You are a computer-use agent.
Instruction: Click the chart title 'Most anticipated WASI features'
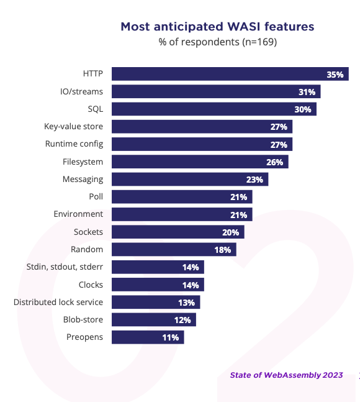pyautogui.click(x=217, y=27)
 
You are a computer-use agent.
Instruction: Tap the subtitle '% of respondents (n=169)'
pyautogui.click(x=218, y=42)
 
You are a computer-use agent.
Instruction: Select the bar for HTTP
pyautogui.click(x=230, y=74)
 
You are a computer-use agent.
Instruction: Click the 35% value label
pyautogui.click(x=335, y=75)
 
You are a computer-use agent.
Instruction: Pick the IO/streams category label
pyautogui.click(x=81, y=91)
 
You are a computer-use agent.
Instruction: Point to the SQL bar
pyautogui.click(x=214, y=109)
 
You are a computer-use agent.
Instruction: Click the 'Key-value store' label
pyautogui.click(x=73, y=126)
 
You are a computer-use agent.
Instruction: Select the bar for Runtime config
pyautogui.click(x=202, y=144)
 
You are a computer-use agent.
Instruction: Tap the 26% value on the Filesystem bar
pyautogui.click(x=275, y=162)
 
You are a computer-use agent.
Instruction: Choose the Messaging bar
pyautogui.click(x=190, y=179)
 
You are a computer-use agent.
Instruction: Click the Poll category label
pyautogui.click(x=96, y=196)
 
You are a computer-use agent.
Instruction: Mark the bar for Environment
pyautogui.click(x=182, y=214)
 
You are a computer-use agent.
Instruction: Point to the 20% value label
pyautogui.click(x=231, y=232)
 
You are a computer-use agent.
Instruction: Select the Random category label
pyautogui.click(x=87, y=249)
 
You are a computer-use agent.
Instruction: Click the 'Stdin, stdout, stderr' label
pyautogui.click(x=65, y=267)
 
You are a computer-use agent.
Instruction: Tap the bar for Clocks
pyautogui.click(x=158, y=285)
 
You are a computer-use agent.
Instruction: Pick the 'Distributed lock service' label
pyautogui.click(x=58, y=302)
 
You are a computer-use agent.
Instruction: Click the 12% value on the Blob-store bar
pyautogui.click(x=182, y=320)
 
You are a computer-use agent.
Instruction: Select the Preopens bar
pyautogui.click(x=148, y=337)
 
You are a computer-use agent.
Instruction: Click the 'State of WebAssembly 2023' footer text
pyautogui.click(x=286, y=375)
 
